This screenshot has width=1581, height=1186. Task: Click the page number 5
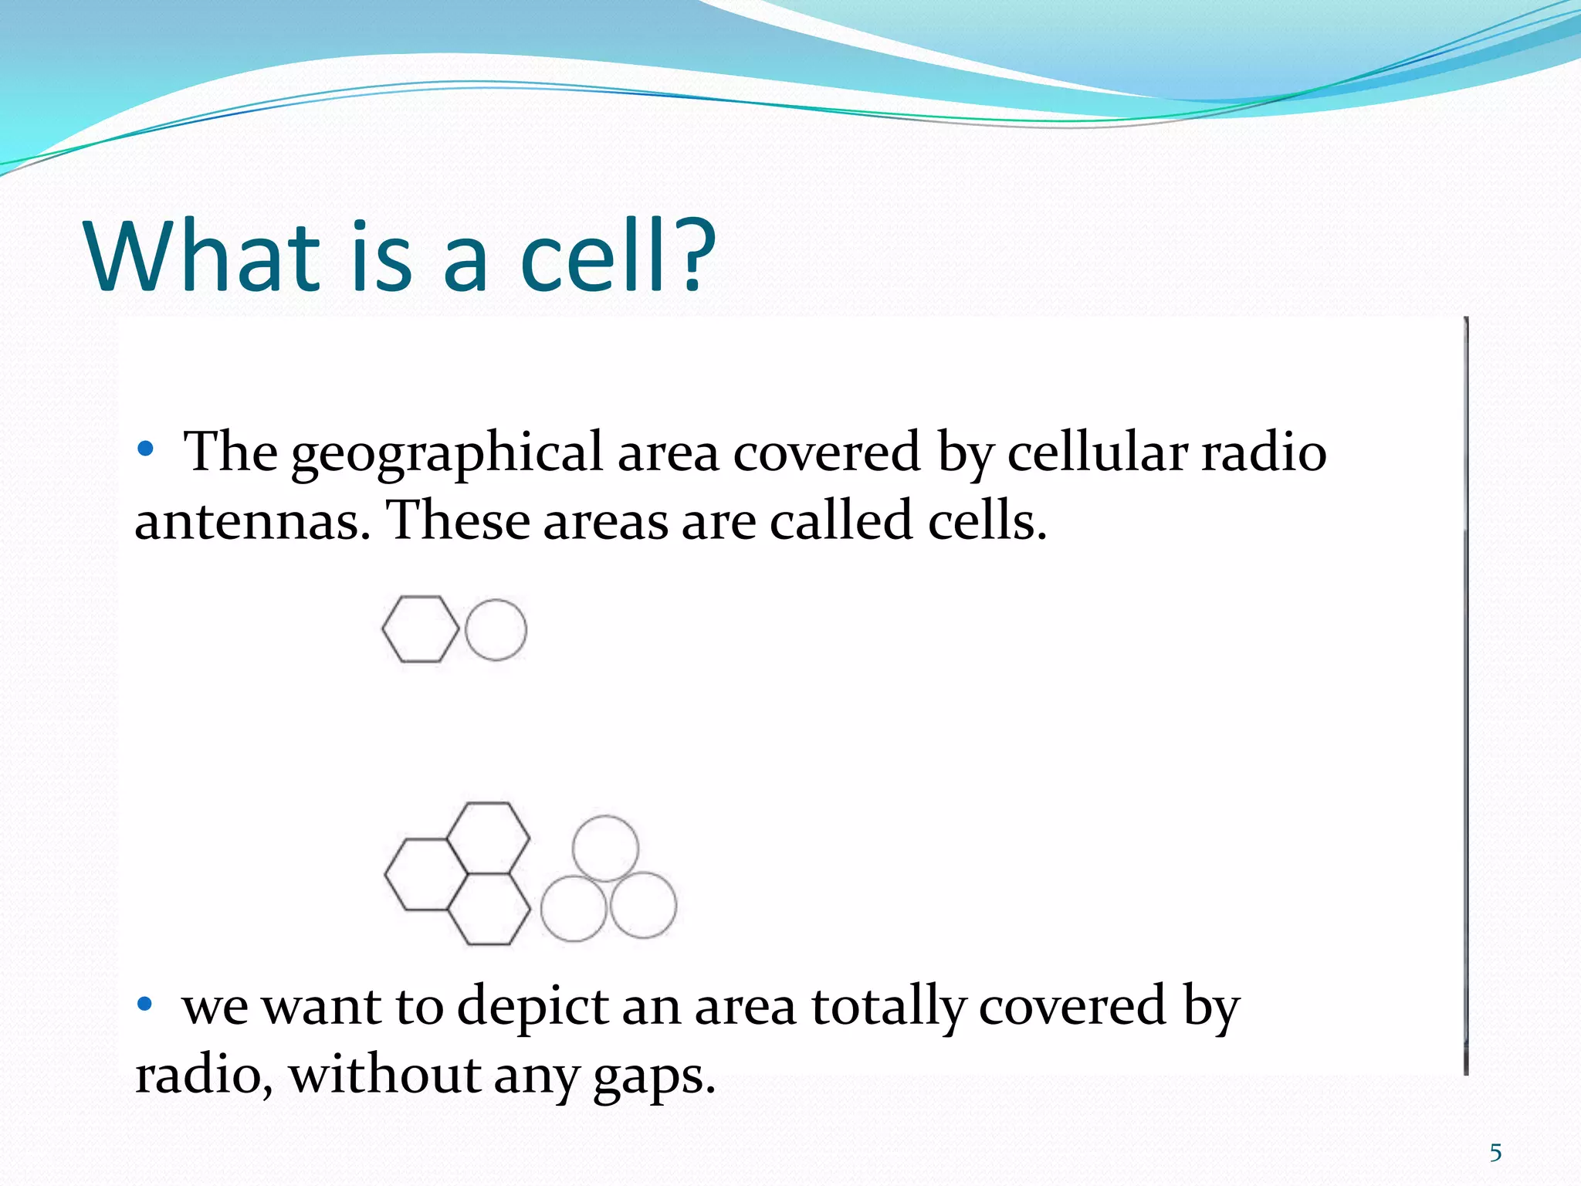tap(1495, 1153)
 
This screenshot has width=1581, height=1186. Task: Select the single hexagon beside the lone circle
tap(420, 629)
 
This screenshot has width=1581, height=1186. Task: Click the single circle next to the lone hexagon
tap(496, 630)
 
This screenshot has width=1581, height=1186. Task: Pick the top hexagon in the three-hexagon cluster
tap(488, 837)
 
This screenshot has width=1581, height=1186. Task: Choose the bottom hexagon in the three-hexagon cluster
tap(488, 909)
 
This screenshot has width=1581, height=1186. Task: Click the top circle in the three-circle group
tap(605, 848)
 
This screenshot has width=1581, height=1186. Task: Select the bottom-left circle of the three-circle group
tap(574, 908)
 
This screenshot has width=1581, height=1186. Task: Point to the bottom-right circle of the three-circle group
tap(643, 905)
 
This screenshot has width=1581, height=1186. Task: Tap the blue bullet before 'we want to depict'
tap(145, 1004)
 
